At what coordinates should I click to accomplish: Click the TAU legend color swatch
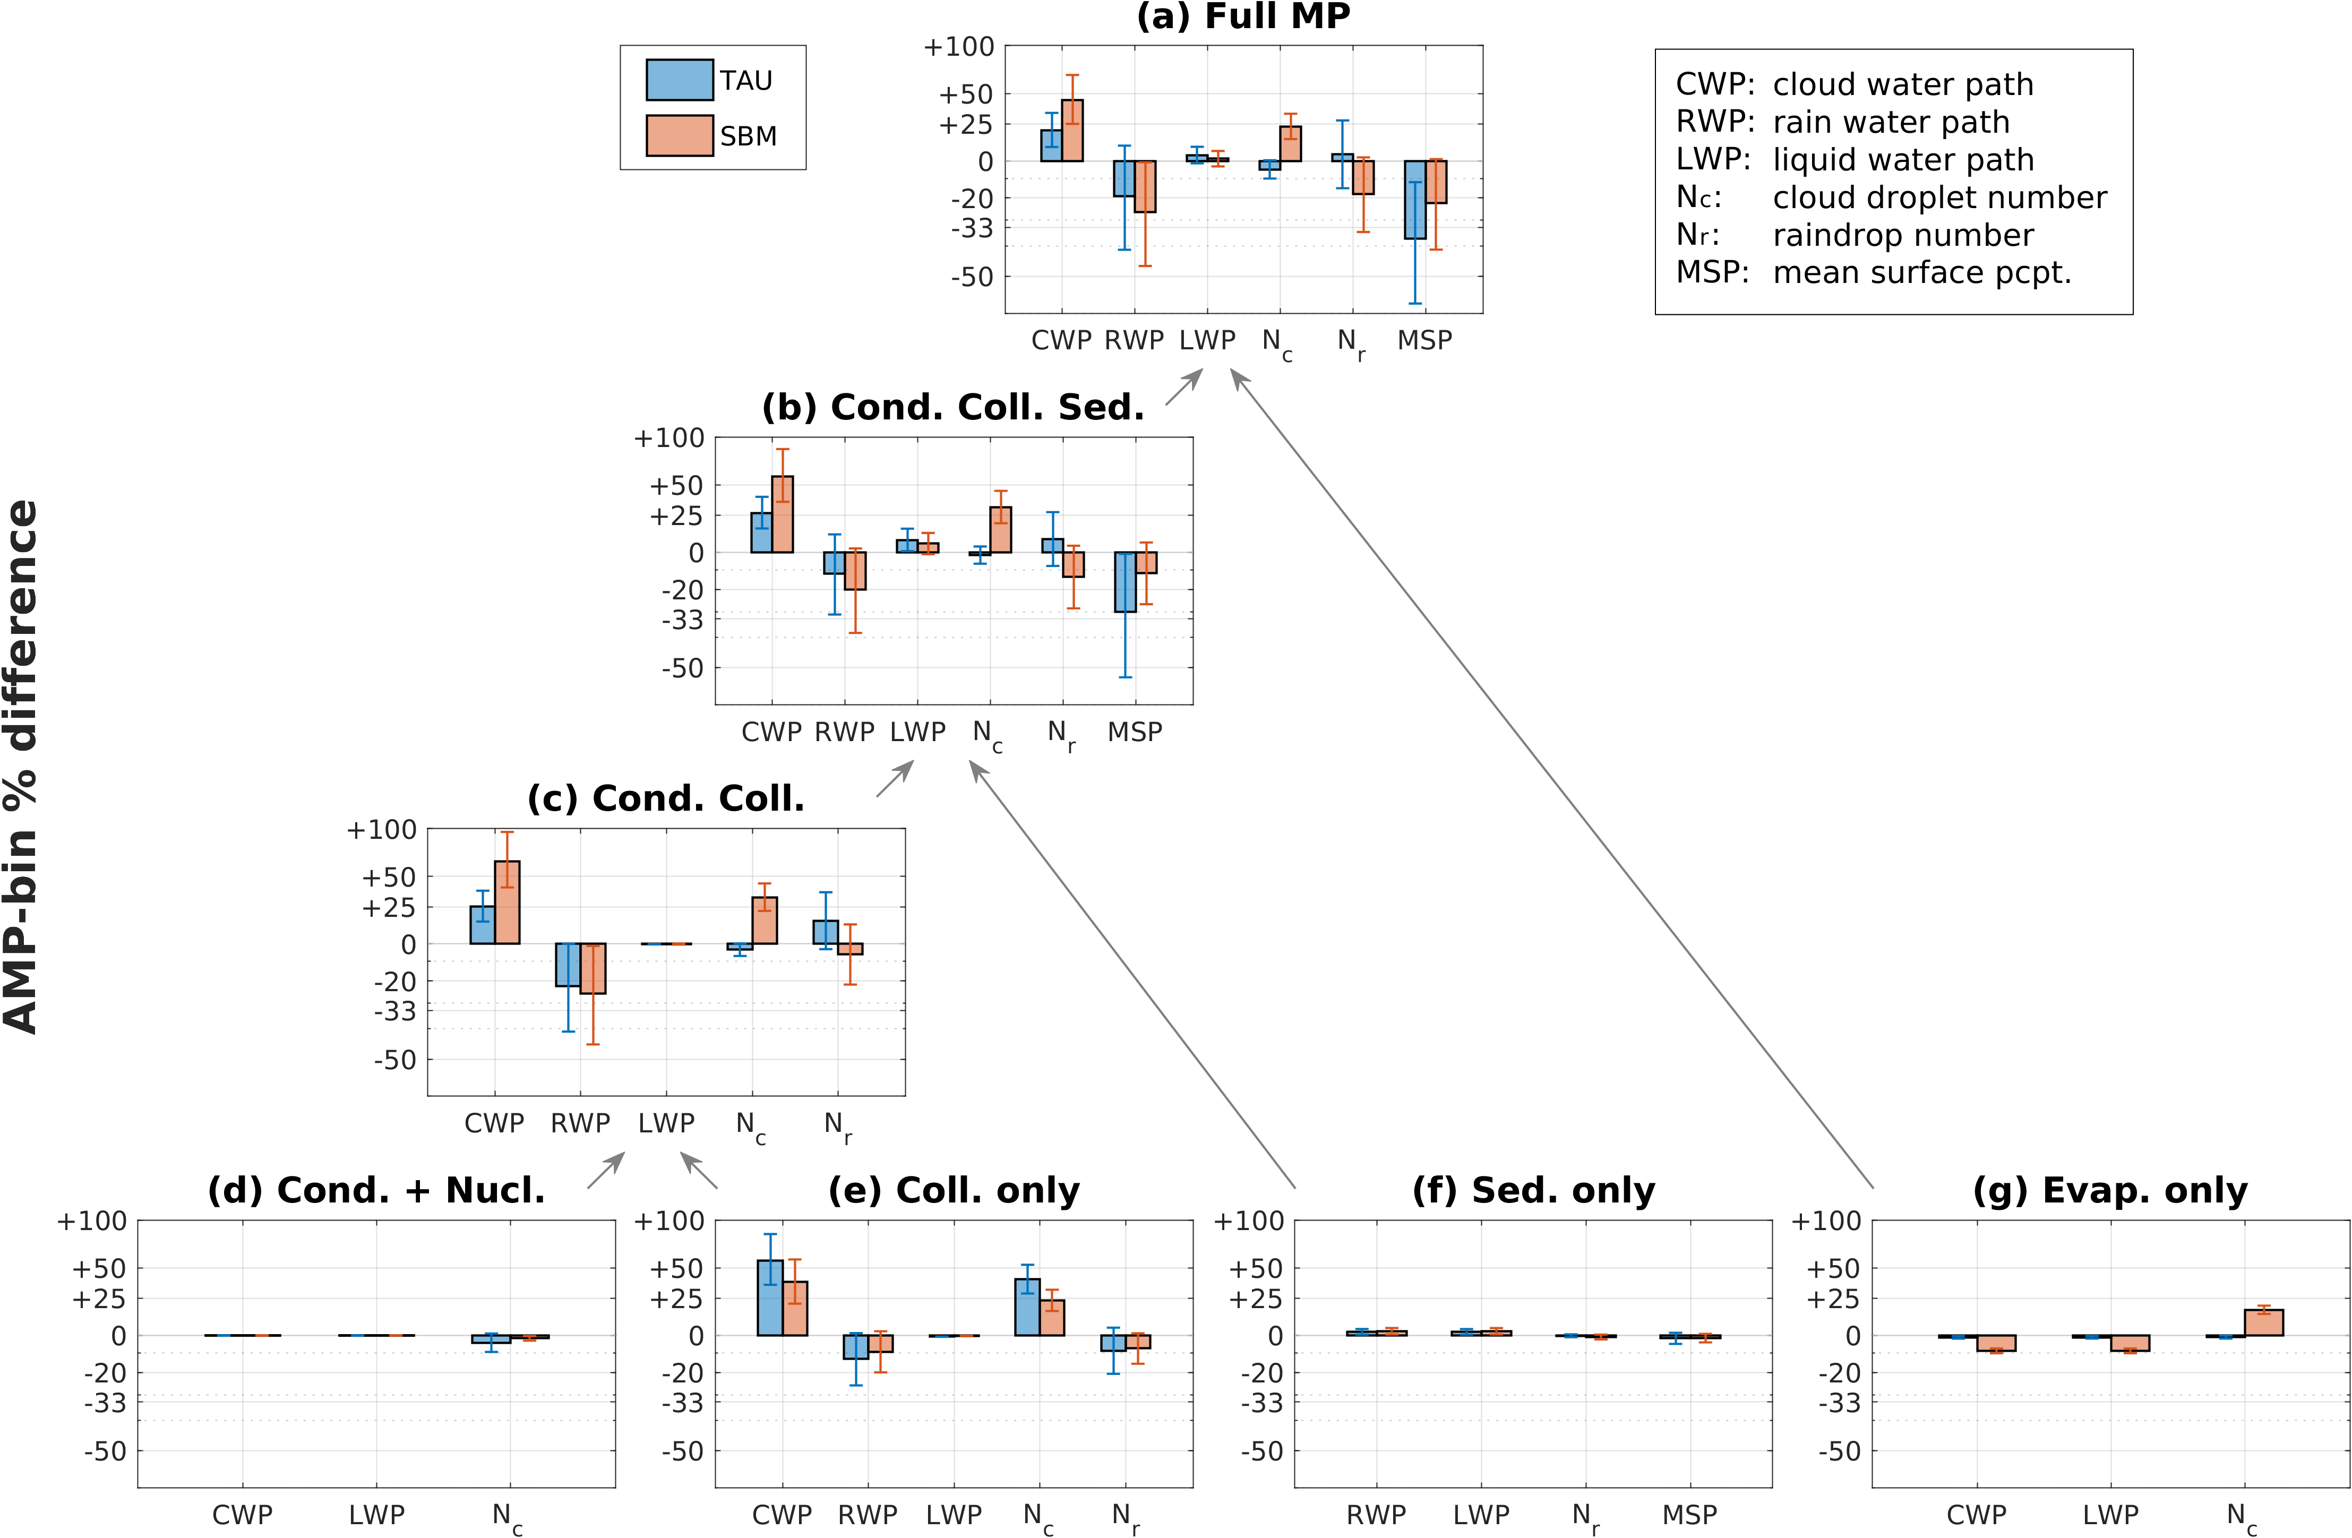pyautogui.click(x=679, y=80)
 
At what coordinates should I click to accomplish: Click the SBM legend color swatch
pyautogui.click(x=679, y=135)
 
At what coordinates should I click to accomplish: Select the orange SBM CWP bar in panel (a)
pyautogui.click(x=1072, y=131)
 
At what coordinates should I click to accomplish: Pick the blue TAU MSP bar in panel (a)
pyautogui.click(x=1415, y=200)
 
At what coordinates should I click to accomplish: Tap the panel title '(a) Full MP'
pyautogui.click(x=1243, y=17)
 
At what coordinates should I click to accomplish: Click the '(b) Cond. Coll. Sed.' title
pyautogui.click(x=952, y=407)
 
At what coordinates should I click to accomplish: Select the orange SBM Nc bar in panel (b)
pyautogui.click(x=1000, y=530)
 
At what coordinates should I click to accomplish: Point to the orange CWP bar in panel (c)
pyautogui.click(x=507, y=903)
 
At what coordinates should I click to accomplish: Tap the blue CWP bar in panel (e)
pyautogui.click(x=770, y=1298)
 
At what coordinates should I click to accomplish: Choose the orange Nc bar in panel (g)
pyautogui.click(x=2263, y=1322)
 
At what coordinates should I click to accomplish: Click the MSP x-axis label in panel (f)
pyautogui.click(x=1689, y=1514)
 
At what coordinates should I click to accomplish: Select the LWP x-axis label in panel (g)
pyautogui.click(x=2110, y=1514)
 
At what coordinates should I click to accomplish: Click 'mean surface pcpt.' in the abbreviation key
pyautogui.click(x=1921, y=273)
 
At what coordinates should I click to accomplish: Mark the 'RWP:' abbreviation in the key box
pyautogui.click(x=1714, y=122)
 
